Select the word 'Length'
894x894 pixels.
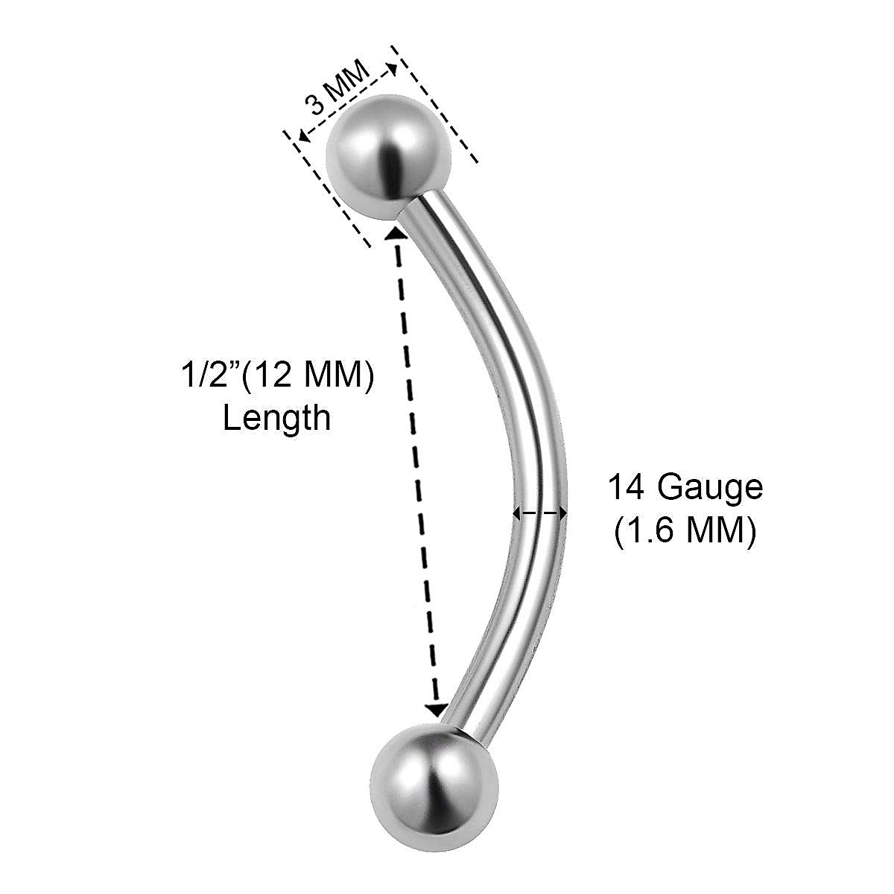tap(276, 418)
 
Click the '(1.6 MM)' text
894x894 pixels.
tap(685, 532)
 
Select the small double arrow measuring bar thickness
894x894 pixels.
tap(539, 513)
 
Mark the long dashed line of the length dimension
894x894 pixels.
tap(414, 469)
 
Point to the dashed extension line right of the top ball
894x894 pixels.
tap(437, 104)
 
